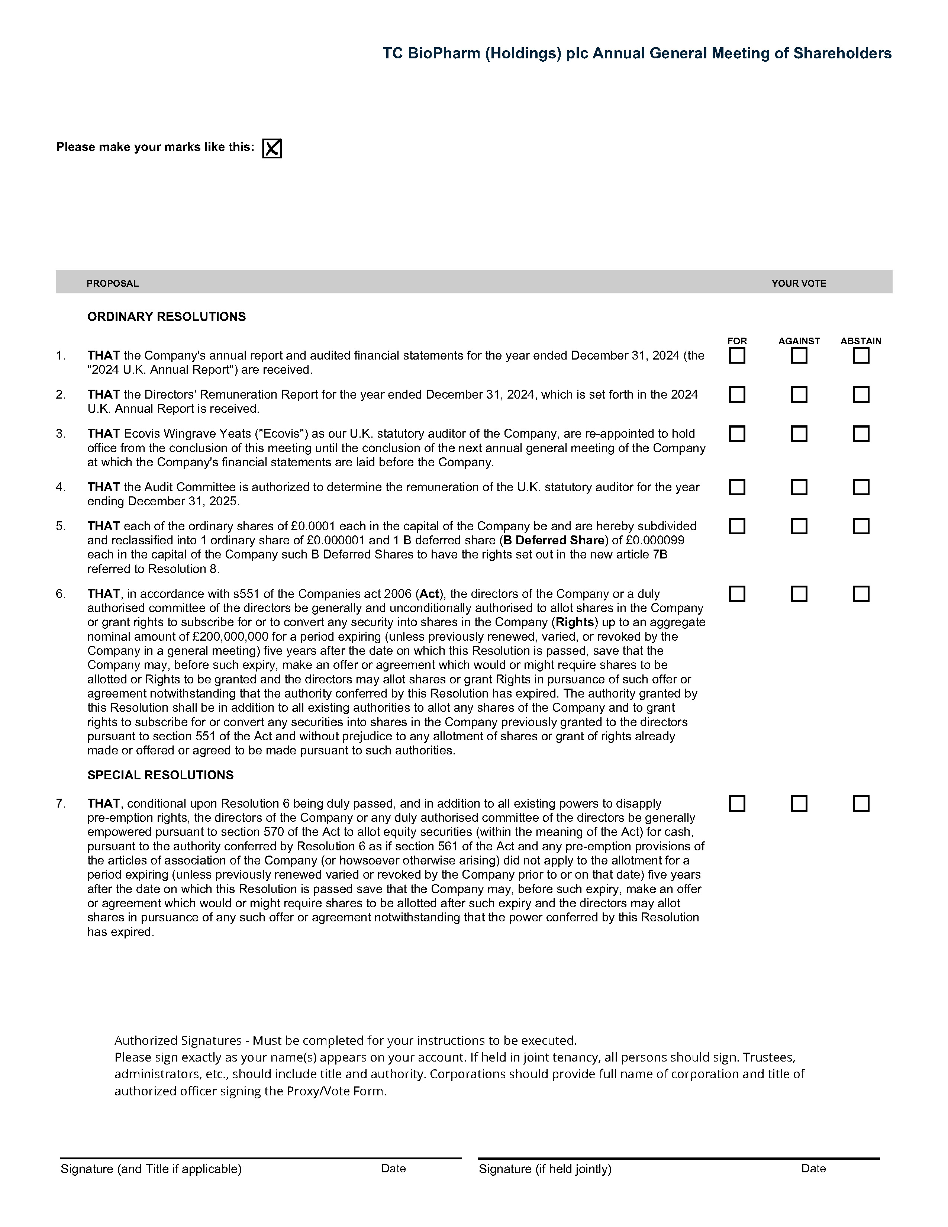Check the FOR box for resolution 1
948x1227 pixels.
point(737,355)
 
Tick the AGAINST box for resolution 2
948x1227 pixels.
point(799,394)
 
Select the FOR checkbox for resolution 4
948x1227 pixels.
point(737,487)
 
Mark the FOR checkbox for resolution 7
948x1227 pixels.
point(737,804)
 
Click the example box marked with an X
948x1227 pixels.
point(272,148)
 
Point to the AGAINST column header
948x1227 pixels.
point(799,341)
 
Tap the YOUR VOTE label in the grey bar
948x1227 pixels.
point(799,283)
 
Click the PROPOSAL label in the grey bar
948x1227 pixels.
point(112,283)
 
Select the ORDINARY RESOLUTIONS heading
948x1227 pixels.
point(166,317)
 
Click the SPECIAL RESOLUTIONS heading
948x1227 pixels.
point(160,775)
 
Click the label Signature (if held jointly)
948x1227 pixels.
point(545,1169)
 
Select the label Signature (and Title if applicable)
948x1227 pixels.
point(151,1169)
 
